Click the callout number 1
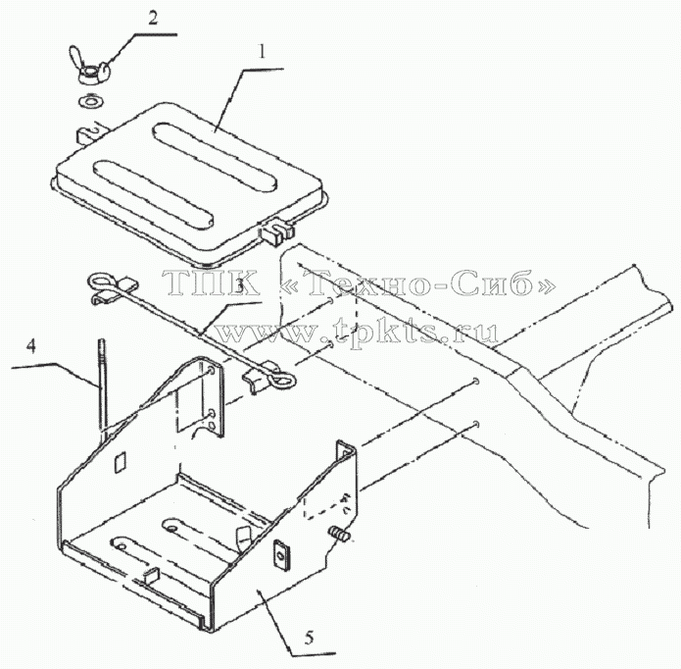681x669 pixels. tap(262, 52)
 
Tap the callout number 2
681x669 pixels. tap(153, 19)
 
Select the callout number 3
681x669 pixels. tap(239, 285)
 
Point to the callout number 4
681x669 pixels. tap(30, 347)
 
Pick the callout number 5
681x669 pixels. tap(309, 638)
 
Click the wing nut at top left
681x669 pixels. tap(89, 66)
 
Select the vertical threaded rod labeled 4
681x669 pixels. tap(102, 385)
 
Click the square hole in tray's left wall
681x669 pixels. tap(120, 462)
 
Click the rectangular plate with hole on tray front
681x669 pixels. tap(282, 553)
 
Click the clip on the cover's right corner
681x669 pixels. tap(276, 231)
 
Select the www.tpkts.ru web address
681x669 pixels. tap(356, 334)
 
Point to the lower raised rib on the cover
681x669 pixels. tap(154, 195)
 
